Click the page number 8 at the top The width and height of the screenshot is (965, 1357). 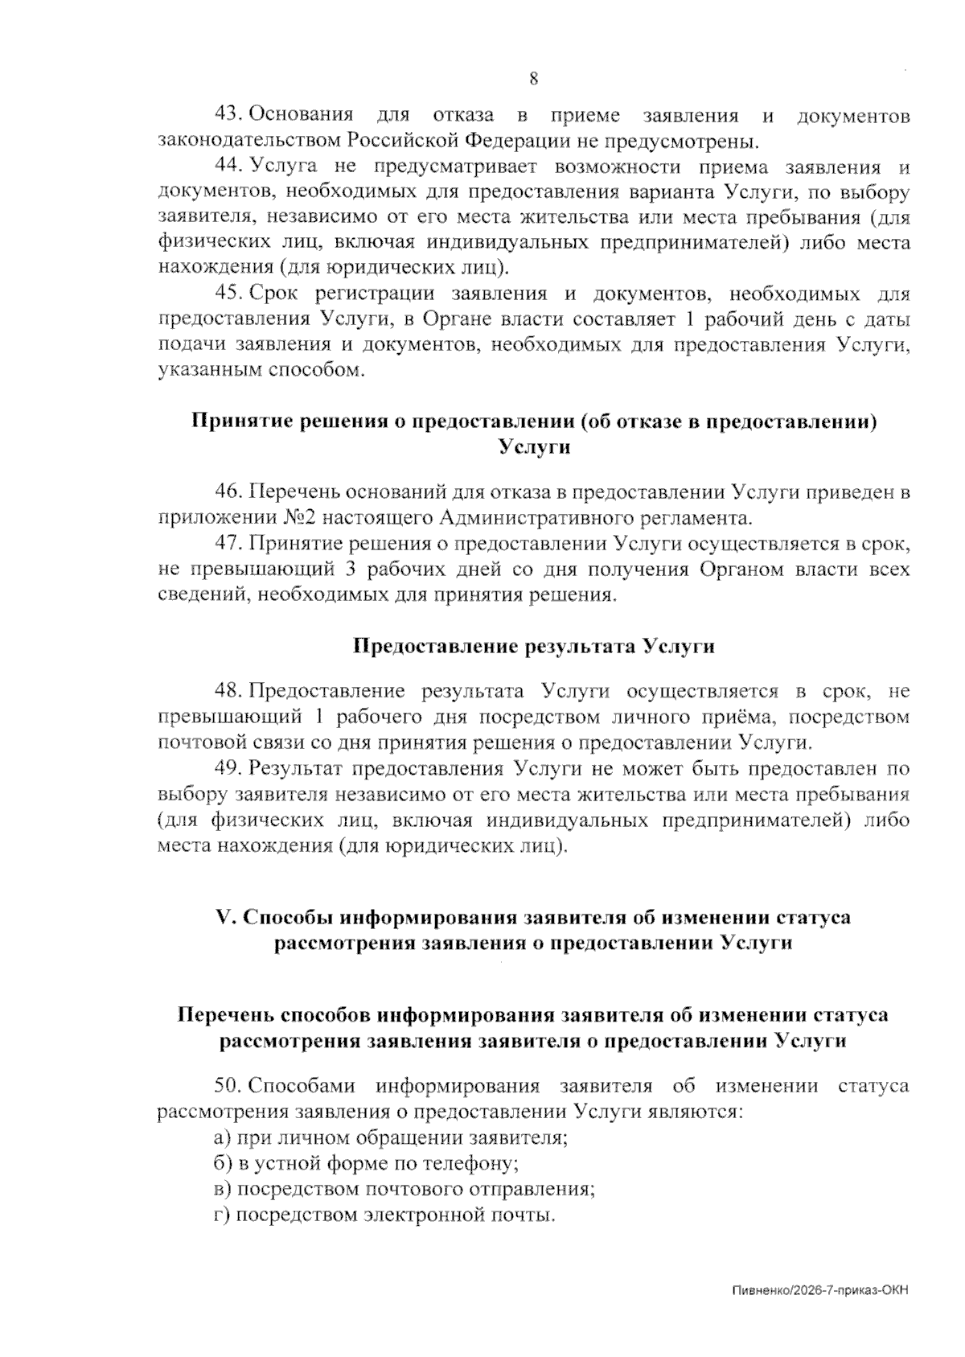click(x=533, y=79)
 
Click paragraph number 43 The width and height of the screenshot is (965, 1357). click(x=228, y=117)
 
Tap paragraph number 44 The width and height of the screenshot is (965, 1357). click(x=228, y=167)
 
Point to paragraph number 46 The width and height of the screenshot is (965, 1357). click(x=228, y=491)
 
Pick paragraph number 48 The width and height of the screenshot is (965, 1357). click(x=228, y=691)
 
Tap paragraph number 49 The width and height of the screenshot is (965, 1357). click(x=228, y=768)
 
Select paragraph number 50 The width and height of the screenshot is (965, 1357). click(x=228, y=1086)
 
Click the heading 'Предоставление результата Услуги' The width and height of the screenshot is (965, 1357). click(x=534, y=647)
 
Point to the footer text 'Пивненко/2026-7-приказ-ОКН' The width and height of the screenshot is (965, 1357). click(x=820, y=1291)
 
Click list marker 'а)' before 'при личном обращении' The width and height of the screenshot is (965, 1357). click(x=223, y=1138)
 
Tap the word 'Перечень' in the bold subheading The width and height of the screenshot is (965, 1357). click(x=224, y=1015)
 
